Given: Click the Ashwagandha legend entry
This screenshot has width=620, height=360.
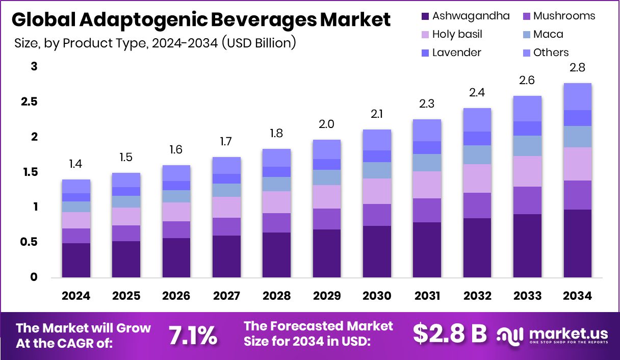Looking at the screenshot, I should pos(464,16).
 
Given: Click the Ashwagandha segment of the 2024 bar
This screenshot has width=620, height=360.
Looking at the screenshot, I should pos(76,260).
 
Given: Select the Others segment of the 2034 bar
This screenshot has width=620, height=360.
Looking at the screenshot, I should pos(577,96).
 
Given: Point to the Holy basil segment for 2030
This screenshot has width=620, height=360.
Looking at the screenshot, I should pos(377,191).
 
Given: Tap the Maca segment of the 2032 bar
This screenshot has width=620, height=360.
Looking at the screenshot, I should pos(477,155).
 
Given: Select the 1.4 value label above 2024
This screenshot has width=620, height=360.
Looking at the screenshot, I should pos(76,164).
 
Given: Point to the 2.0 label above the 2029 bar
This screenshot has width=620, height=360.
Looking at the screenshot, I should pos(327,124).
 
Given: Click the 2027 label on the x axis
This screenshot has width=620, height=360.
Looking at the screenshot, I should pos(226,296).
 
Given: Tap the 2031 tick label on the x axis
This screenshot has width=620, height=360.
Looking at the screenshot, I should pos(427,296).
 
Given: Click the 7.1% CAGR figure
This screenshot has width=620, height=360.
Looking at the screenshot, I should pos(193,335).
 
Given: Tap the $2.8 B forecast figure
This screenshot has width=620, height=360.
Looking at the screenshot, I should pos(449,334).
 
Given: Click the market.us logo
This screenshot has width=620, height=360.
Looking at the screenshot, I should pos(553,335).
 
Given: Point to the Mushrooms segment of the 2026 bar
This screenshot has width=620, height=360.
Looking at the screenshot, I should pos(176,229).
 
